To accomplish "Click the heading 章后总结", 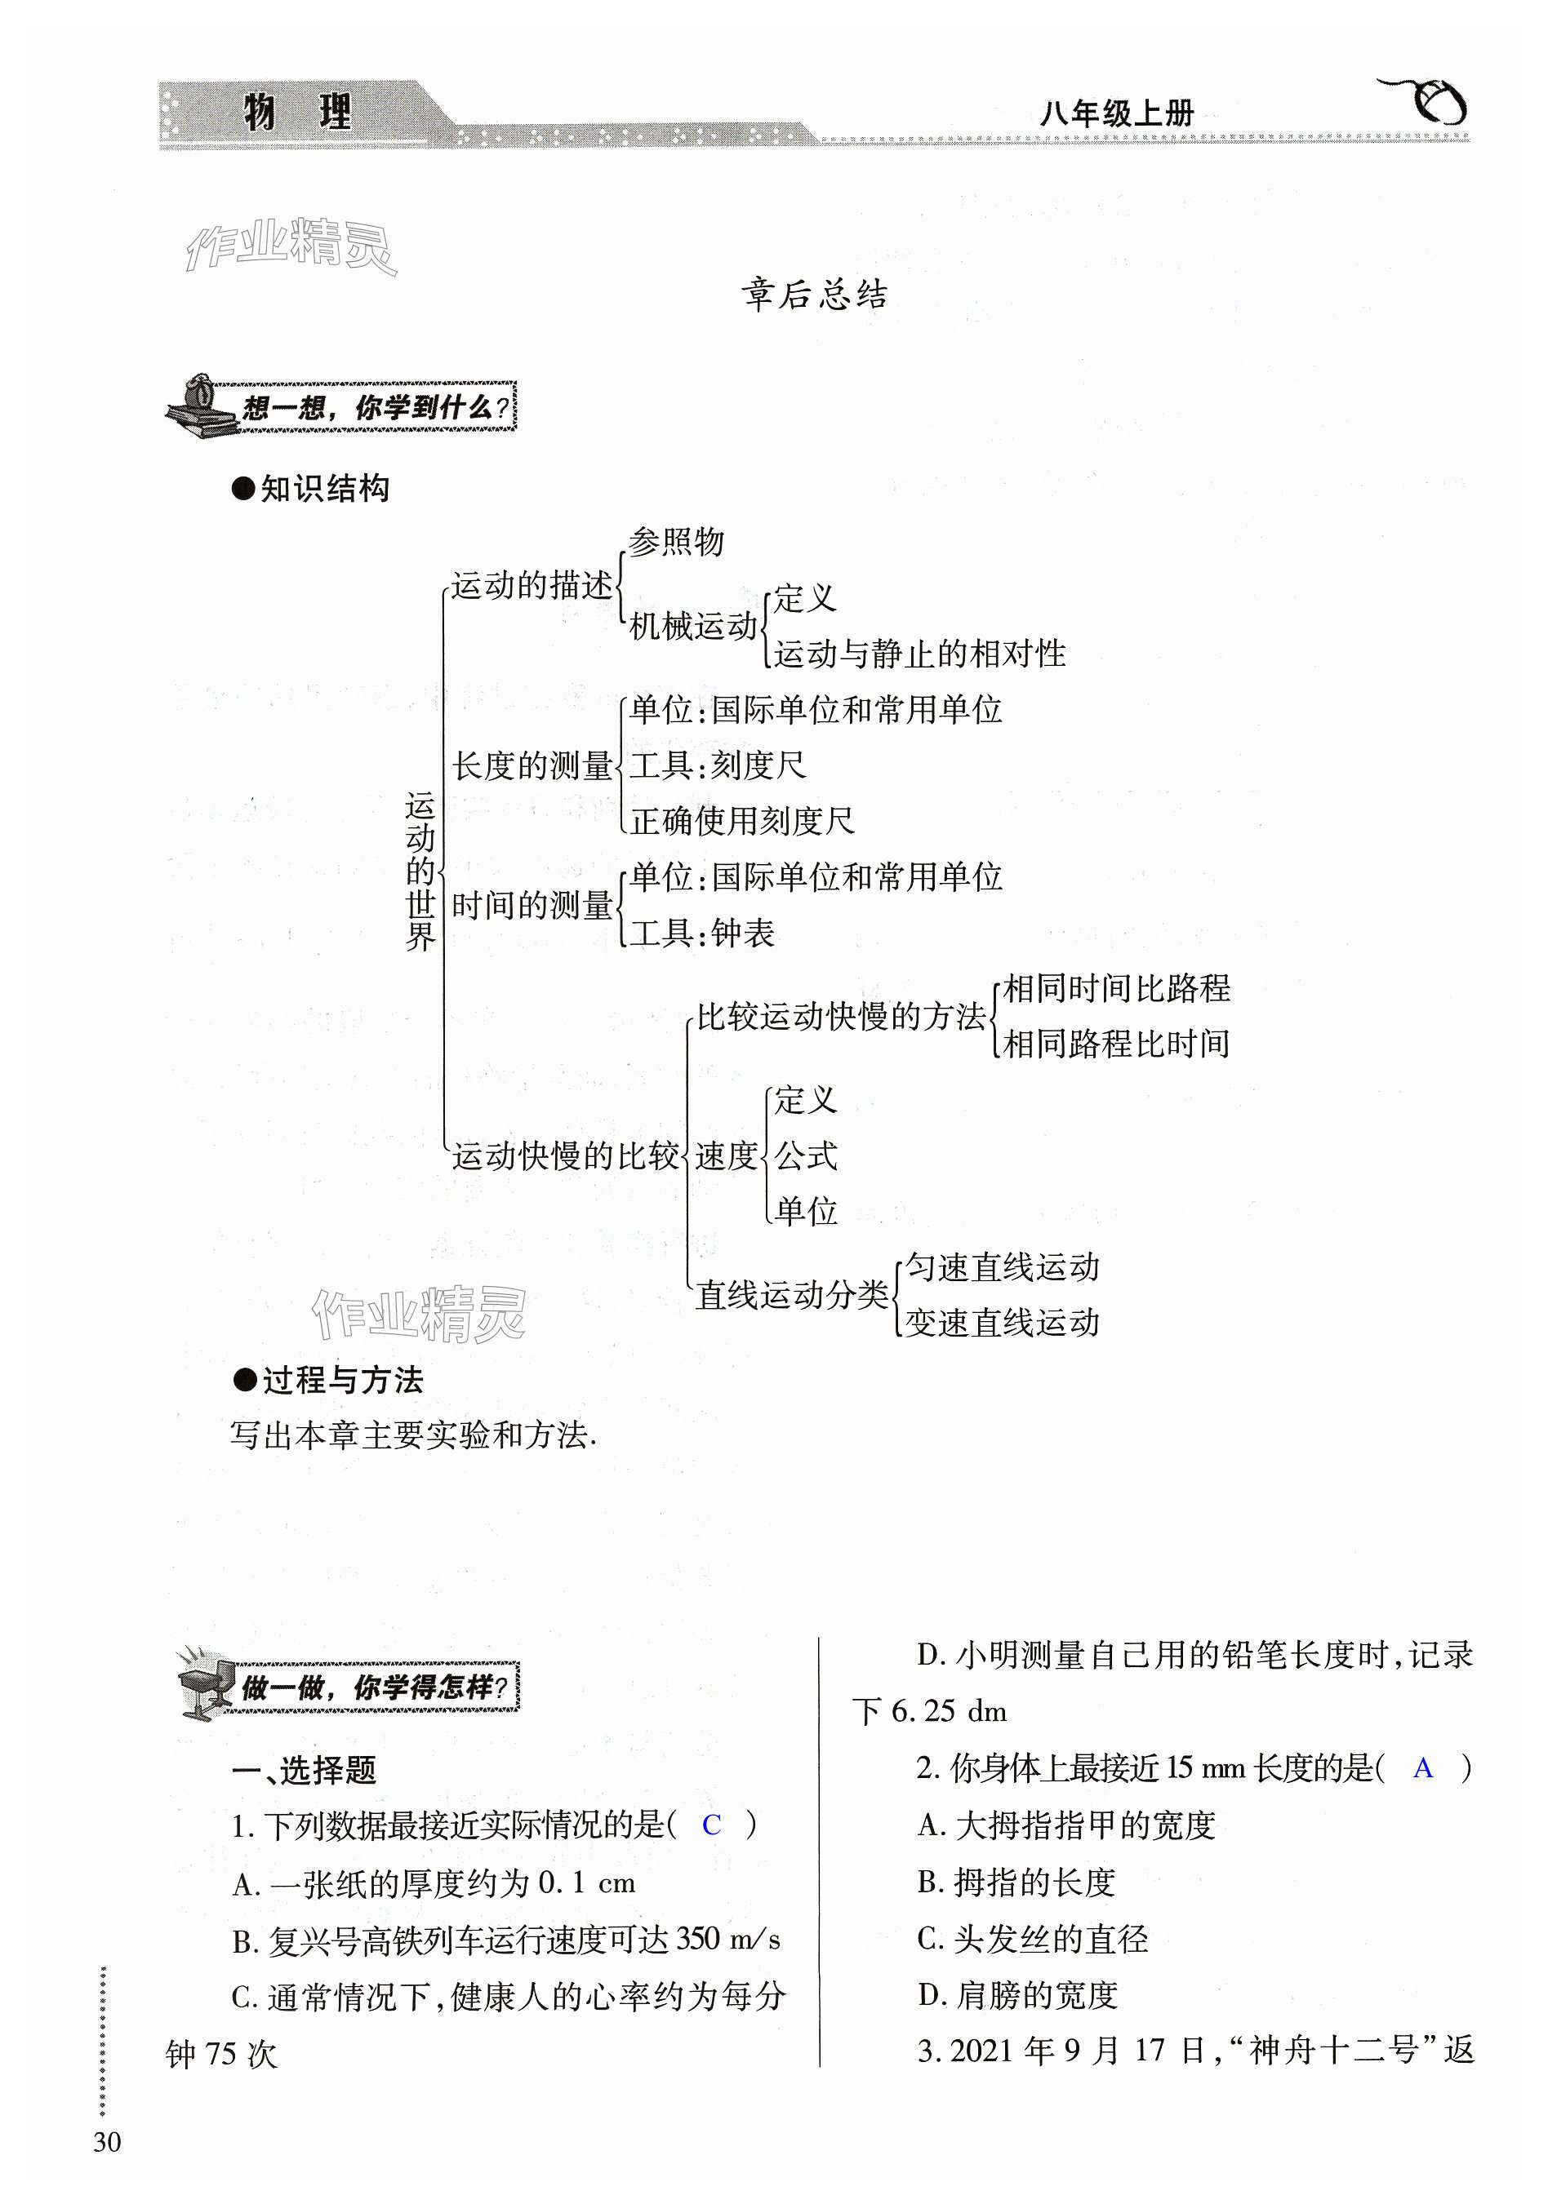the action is [x=813, y=295].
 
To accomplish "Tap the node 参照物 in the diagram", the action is [x=676, y=543].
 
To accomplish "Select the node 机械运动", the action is [x=692, y=627].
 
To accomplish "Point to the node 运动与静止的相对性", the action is [x=920, y=654].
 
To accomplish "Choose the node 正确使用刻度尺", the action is [x=741, y=822].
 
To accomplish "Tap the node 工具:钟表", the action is [x=701, y=933].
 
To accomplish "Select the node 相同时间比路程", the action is [x=1116, y=989].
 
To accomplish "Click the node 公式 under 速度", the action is [x=806, y=1155].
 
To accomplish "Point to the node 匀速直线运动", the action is [x=1003, y=1268].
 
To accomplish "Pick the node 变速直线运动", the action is [x=1003, y=1324].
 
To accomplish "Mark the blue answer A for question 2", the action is [x=1423, y=1768].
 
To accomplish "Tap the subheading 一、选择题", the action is [x=305, y=1770].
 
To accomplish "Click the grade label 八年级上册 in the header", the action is [x=1117, y=114].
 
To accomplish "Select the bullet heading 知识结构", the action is [x=311, y=489].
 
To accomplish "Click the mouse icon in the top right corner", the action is [x=1430, y=102].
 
